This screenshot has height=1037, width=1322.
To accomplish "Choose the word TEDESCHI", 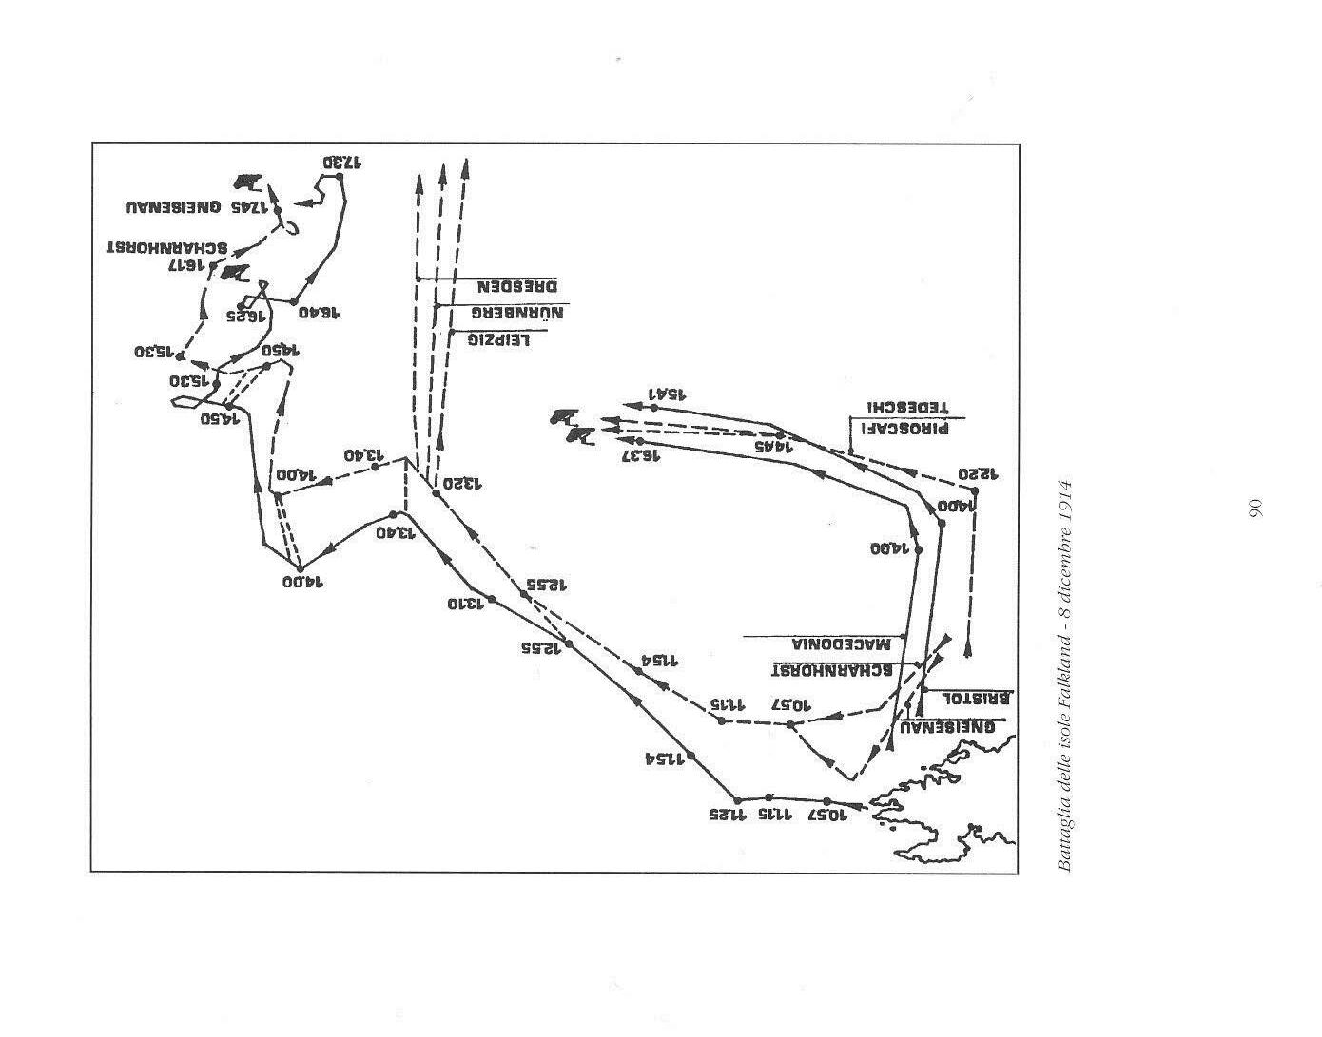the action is point(904,407).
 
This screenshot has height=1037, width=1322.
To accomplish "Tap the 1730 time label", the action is point(342,163).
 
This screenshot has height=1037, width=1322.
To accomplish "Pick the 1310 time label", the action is point(467,604).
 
